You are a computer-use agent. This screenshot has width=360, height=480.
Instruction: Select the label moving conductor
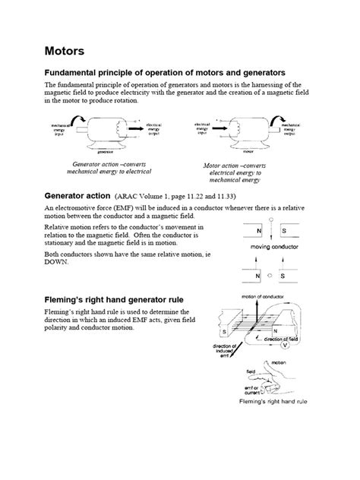click(270, 247)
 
